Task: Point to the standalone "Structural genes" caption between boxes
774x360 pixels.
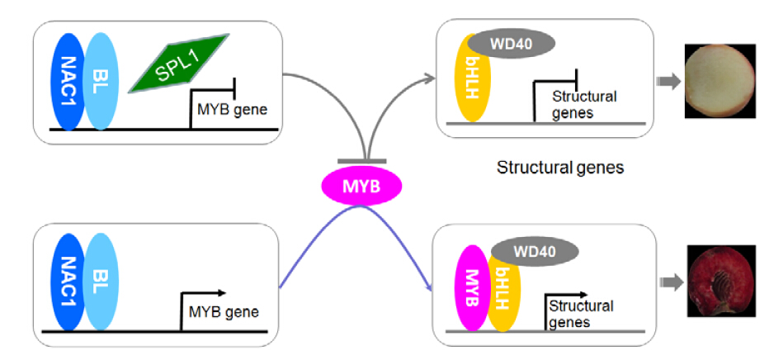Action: (x=559, y=168)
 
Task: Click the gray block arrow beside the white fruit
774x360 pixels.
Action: (x=668, y=80)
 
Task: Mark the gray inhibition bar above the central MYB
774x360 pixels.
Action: (x=361, y=160)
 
